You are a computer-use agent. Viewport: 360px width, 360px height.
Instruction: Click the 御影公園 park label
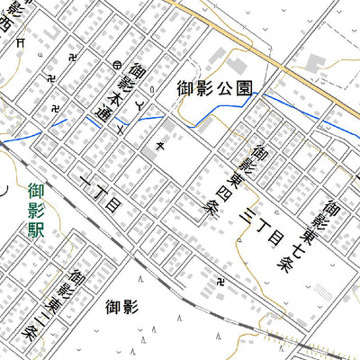pyautogui.click(x=214, y=87)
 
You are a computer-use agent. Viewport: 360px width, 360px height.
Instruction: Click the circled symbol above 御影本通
pyautogui.click(x=117, y=64)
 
